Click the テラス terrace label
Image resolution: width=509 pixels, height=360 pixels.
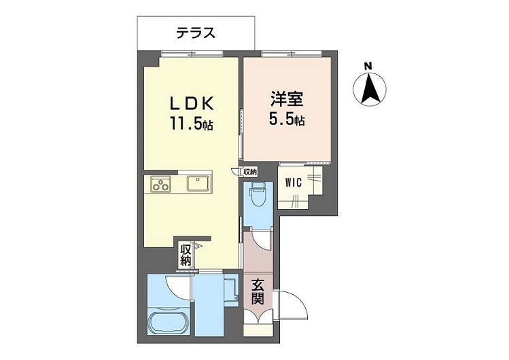click(196, 33)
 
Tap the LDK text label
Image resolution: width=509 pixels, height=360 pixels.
click(192, 104)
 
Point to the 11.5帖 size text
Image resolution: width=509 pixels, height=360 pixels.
click(192, 124)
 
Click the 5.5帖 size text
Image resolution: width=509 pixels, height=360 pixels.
click(287, 120)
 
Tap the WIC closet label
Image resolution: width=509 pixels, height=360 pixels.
click(294, 183)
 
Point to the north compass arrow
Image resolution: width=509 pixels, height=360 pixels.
click(370, 88)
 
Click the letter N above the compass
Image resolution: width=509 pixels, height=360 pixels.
click(368, 67)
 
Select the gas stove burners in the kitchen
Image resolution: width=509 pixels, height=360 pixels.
click(161, 185)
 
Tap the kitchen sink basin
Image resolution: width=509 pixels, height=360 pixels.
click(198, 183)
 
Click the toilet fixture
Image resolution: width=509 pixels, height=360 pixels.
click(258, 197)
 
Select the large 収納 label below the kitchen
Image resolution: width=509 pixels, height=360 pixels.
click(186, 255)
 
